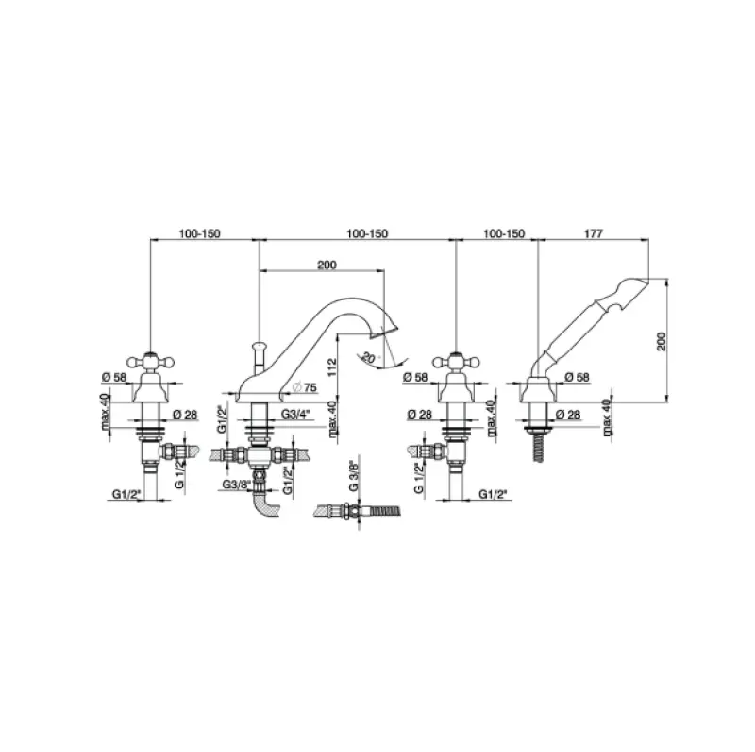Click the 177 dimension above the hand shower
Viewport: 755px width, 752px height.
[594, 233]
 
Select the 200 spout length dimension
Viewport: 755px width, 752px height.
[327, 265]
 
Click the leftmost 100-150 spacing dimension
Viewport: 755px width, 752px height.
[200, 233]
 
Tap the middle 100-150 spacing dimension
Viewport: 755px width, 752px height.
[366, 233]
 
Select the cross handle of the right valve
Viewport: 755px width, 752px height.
[457, 360]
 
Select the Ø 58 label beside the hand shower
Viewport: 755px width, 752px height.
[576, 378]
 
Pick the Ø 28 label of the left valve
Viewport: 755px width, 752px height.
[185, 414]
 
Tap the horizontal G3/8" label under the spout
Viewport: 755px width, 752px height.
[236, 485]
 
